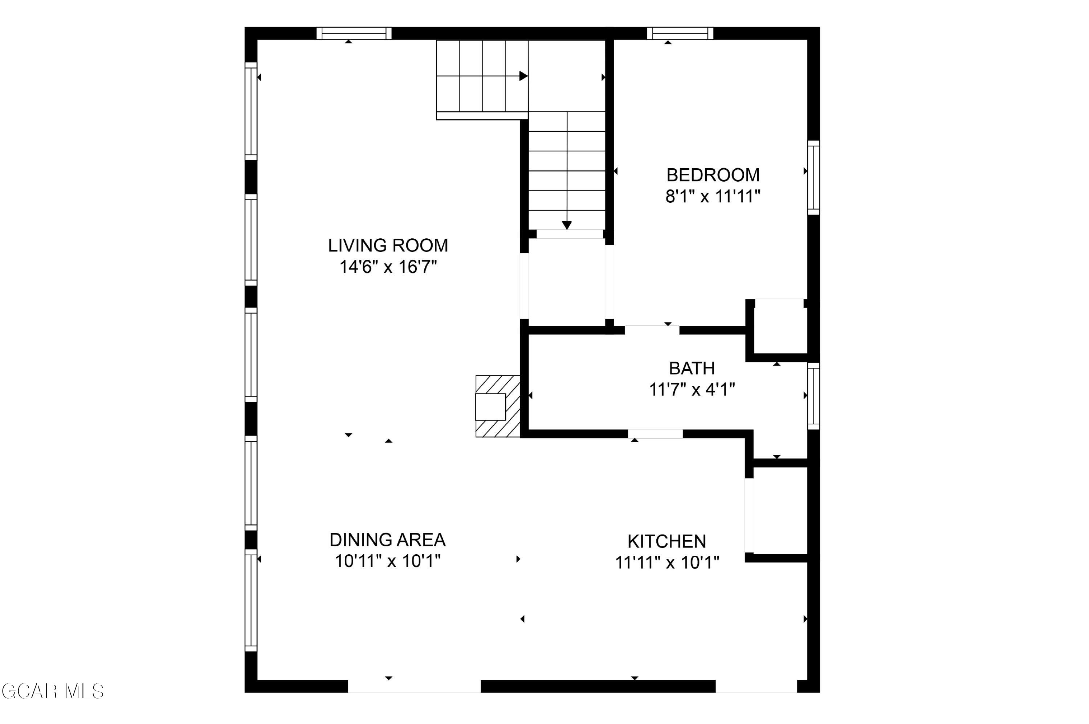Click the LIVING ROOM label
[388, 245]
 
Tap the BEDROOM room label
[713, 175]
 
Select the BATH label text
[692, 368]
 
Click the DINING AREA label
[387, 539]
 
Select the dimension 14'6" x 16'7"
[388, 267]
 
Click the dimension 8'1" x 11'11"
[713, 197]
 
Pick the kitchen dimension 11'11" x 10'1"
[667, 562]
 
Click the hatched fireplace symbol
[498, 406]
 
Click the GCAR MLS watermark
[53, 691]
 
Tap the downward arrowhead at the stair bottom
[567, 225]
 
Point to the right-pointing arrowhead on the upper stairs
[523, 76]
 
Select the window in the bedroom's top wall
[680, 33]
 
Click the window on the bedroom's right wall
[813, 178]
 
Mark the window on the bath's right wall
[813, 396]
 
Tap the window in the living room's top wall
[354, 33]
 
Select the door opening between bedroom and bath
[652, 330]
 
